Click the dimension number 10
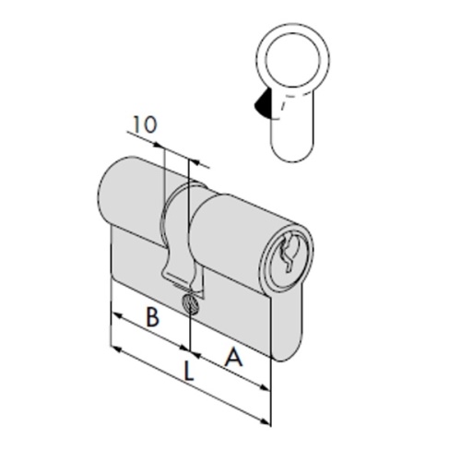[x=145, y=124]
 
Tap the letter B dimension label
[x=152, y=317]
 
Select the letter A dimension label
[x=233, y=357]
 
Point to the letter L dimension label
[x=188, y=371]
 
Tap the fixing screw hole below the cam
[x=190, y=304]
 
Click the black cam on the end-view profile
[x=261, y=103]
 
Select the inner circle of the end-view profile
[x=292, y=59]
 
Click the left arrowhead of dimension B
[x=117, y=315]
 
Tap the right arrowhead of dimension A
[x=265, y=387]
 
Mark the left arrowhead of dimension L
[x=117, y=349]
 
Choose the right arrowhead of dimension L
[x=265, y=421]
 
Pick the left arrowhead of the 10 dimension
[x=159, y=145]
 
